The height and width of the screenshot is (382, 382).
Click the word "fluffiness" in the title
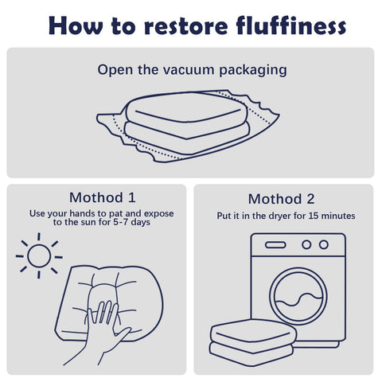pos(290,25)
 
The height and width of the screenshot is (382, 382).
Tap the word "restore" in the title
pos(186,26)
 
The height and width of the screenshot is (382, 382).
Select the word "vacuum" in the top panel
pos(189,70)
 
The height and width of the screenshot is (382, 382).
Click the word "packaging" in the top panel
pos(253,71)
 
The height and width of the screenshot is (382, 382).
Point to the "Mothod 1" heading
pos(103,197)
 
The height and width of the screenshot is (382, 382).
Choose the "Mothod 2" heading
pos(281,199)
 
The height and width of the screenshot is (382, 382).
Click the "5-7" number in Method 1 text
pos(121,222)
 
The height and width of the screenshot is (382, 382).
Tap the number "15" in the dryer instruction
pos(313,216)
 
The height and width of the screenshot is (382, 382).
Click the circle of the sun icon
pos(39,256)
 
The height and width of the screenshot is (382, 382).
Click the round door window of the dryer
pos(298,296)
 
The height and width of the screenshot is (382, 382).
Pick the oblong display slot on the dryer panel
pos(275,245)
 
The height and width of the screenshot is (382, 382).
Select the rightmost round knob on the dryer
pos(324,244)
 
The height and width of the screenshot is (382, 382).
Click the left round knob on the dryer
pos(306,244)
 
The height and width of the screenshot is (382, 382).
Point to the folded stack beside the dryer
pos(253,342)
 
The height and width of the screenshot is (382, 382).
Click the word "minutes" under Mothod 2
pos(338,216)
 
